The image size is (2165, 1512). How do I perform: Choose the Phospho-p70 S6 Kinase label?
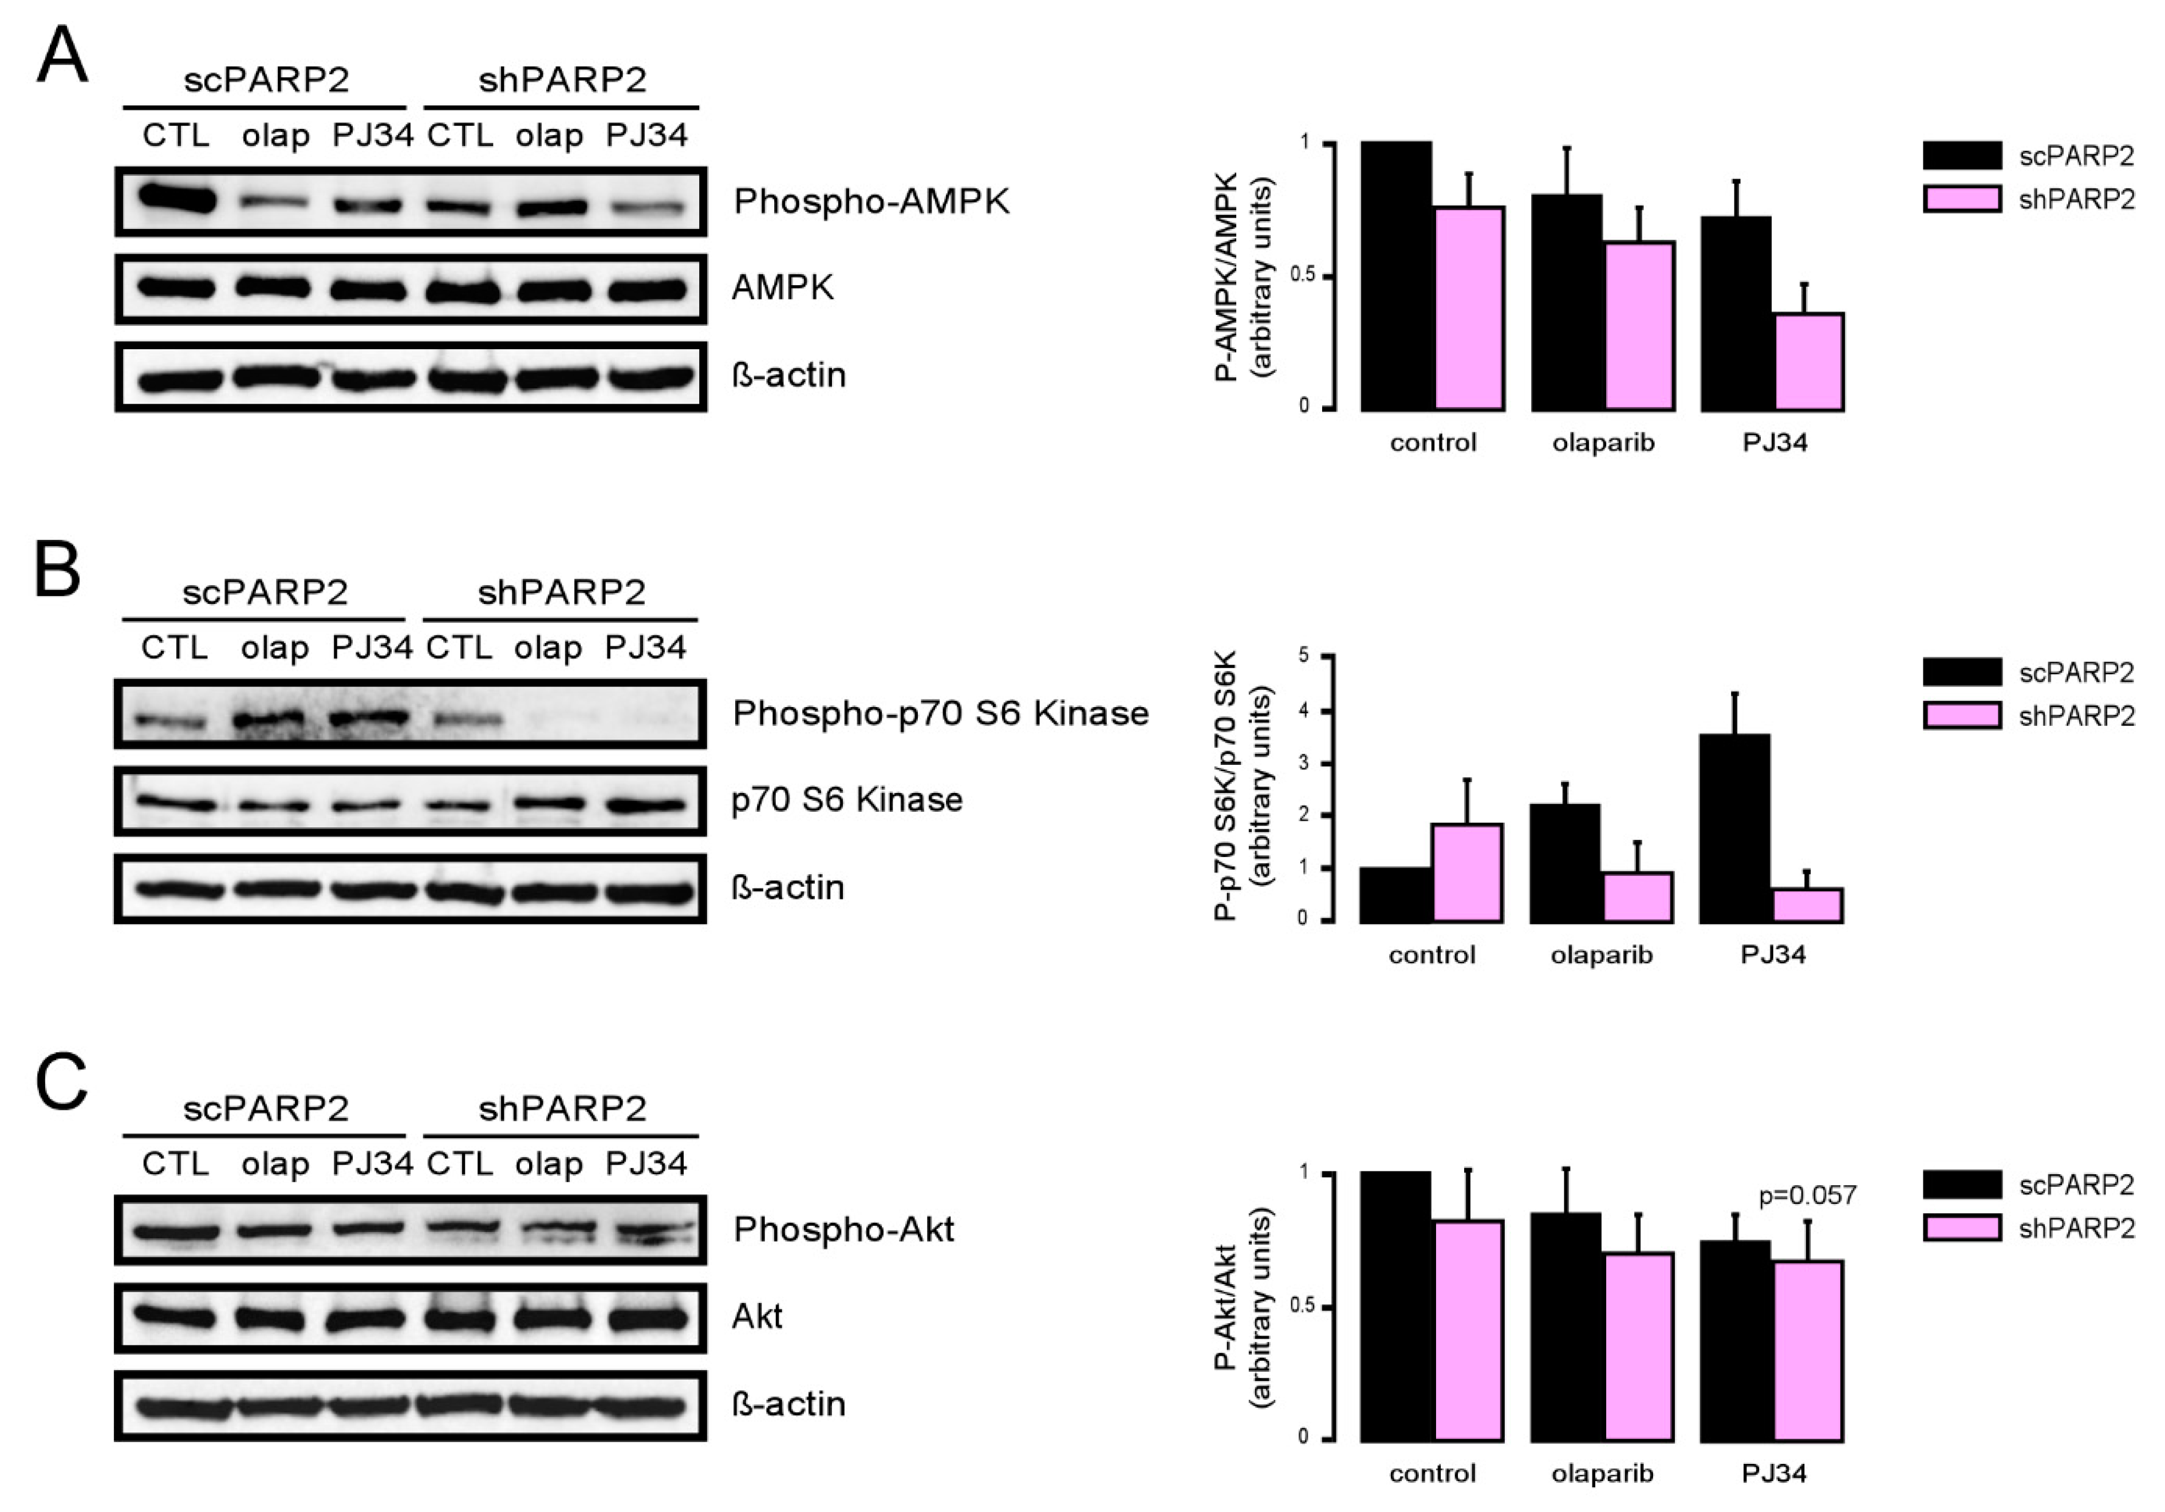point(940,713)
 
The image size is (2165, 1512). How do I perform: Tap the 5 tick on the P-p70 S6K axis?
point(1303,655)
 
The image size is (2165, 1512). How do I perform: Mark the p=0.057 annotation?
point(1807,1195)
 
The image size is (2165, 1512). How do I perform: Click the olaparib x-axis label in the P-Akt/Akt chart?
point(1602,1473)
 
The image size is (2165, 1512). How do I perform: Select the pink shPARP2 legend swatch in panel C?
point(1962,1228)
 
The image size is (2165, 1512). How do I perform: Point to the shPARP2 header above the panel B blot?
point(561,592)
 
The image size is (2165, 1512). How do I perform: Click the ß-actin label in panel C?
point(788,1404)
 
